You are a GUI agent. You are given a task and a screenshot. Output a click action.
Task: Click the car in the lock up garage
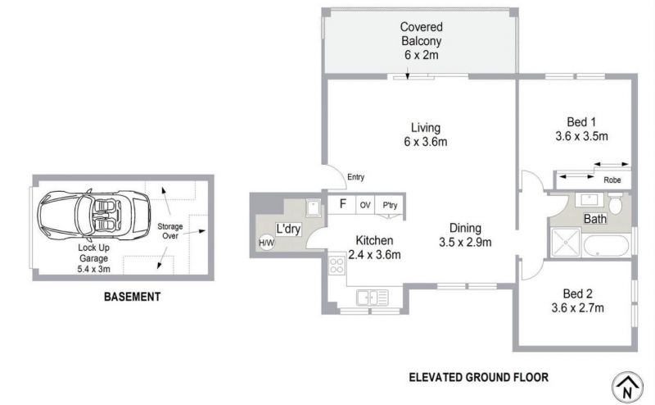[x=93, y=215]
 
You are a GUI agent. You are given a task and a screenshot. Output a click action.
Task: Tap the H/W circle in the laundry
[x=267, y=242]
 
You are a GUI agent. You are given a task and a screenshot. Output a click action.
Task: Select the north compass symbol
[x=627, y=388]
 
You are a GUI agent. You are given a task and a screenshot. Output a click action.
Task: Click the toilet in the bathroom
[x=615, y=203]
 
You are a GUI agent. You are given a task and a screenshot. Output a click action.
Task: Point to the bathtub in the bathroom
[x=606, y=247]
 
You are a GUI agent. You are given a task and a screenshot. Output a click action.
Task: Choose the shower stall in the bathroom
[x=566, y=242]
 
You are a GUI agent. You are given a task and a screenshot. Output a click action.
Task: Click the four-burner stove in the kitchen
[x=337, y=265]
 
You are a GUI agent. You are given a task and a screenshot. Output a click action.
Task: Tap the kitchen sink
[x=372, y=298]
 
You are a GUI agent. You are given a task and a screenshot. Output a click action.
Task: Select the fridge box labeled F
[x=341, y=205]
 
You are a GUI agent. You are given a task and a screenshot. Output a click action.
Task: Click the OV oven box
[x=365, y=205]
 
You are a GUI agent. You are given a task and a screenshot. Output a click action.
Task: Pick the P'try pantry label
[x=390, y=205]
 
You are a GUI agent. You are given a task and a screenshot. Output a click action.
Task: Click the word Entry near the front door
[x=355, y=177]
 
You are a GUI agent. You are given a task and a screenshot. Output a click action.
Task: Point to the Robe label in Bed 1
[x=612, y=180]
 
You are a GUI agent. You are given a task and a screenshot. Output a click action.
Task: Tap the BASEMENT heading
[x=132, y=297]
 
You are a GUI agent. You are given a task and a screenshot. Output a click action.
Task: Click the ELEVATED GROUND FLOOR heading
[x=478, y=377]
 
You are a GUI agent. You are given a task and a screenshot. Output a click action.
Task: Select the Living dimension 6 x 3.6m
[x=425, y=142]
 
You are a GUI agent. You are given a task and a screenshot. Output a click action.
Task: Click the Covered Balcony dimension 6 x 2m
[x=421, y=55]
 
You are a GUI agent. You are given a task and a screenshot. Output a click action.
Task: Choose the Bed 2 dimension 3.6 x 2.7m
[x=577, y=308]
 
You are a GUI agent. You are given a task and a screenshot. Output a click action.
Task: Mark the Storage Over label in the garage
[x=170, y=231]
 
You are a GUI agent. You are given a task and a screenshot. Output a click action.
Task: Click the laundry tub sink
[x=314, y=207]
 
